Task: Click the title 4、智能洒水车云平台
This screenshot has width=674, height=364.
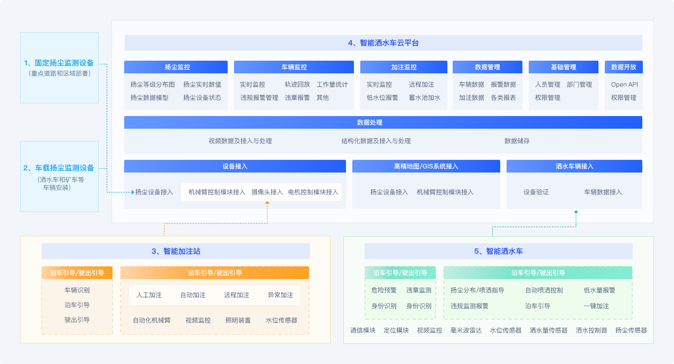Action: coord(383,43)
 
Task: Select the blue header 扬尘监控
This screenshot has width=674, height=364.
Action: coord(176,67)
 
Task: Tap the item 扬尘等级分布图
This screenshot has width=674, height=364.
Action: coord(153,84)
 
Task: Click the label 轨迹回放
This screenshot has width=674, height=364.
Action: coord(297,84)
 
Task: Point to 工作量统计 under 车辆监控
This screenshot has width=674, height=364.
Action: coord(332,84)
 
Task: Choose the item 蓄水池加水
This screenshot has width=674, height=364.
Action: coord(425,98)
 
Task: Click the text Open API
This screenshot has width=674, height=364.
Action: coord(624,84)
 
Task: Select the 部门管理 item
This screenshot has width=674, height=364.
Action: coord(579,84)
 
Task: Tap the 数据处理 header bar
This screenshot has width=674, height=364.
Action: coord(383,122)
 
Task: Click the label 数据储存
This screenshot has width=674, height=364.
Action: coord(517,141)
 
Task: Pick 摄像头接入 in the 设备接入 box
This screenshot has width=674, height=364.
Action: coord(267,192)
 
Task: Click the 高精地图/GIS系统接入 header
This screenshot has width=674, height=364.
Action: coord(426,166)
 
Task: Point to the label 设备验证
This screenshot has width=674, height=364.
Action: coord(536,192)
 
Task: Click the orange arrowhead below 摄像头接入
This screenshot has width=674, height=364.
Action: coord(267,203)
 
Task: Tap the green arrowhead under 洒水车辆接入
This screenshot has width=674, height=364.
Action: coord(576,212)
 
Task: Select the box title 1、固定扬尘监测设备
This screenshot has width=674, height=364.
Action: coord(59,63)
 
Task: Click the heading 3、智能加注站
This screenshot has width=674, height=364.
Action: coord(176,251)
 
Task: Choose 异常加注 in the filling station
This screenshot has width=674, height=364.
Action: coord(280,295)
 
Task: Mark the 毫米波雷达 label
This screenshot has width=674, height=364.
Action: coord(466,330)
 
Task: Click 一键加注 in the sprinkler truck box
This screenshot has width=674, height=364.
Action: coord(596,306)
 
